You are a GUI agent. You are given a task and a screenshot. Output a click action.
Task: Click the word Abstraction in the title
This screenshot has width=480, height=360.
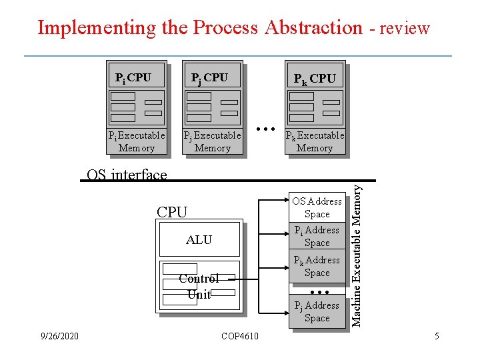313,28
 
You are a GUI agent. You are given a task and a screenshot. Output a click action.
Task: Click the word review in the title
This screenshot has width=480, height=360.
404,29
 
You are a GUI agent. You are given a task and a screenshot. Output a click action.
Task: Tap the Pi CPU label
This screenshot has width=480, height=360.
133,78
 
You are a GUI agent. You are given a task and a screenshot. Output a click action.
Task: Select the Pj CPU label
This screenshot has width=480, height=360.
209,78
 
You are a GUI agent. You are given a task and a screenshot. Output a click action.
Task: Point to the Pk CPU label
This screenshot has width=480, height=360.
315,79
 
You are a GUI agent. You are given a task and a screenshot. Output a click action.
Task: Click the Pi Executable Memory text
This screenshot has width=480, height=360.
136,141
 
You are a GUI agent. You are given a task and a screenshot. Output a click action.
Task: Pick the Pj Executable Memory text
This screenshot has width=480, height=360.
212,141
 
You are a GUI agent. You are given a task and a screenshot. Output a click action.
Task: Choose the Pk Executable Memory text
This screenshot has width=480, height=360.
315,141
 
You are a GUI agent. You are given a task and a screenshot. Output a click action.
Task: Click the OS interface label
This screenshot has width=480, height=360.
127,175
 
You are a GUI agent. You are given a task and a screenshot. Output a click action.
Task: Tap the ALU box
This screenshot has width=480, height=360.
199,240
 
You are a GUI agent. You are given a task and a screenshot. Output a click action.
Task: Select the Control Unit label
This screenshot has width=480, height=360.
199,287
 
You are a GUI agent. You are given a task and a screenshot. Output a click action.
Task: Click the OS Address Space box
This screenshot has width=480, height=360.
317,207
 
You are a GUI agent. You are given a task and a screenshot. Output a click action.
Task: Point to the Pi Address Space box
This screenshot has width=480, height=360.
317,236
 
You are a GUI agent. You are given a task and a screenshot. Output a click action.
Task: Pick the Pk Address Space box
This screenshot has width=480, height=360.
317,266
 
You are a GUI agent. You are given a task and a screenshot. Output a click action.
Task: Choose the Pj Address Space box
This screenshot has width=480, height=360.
317,311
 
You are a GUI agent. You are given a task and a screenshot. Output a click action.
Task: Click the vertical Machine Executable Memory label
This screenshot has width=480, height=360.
357,255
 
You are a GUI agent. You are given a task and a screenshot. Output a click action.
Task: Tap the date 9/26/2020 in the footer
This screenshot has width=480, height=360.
59,336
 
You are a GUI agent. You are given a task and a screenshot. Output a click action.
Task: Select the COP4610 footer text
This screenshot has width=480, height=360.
241,336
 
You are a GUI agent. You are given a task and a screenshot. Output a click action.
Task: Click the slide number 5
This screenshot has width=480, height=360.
437,336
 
